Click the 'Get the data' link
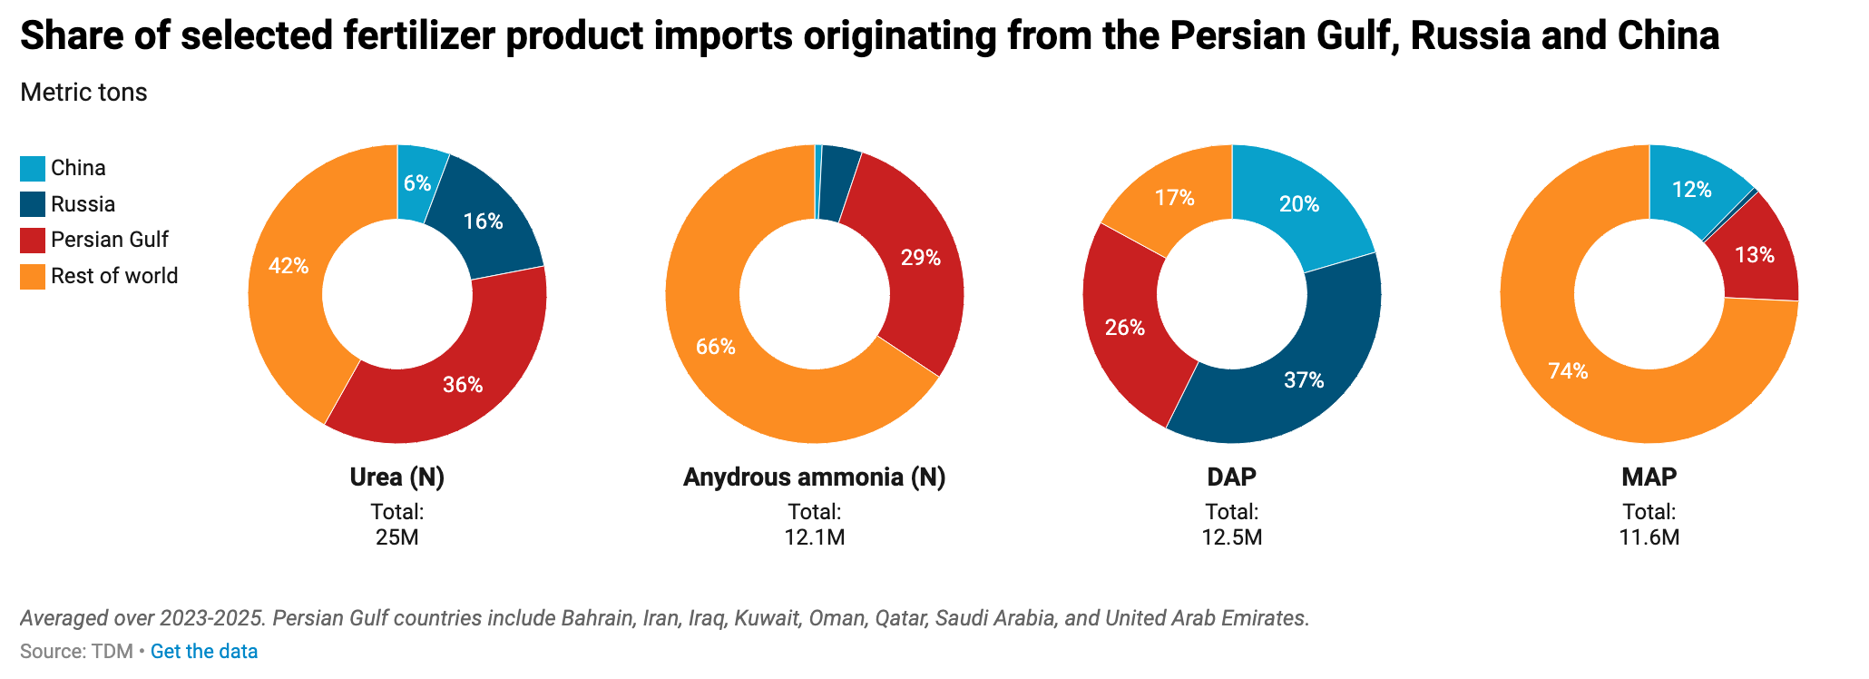click(x=204, y=652)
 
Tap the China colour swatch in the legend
click(x=33, y=169)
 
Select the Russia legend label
click(x=83, y=204)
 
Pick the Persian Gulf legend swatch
click(x=33, y=241)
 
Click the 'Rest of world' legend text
click(x=114, y=276)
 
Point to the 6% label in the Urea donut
click(x=417, y=183)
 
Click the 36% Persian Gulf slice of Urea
click(x=463, y=384)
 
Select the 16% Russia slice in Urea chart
click(x=483, y=221)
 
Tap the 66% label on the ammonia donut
click(x=716, y=347)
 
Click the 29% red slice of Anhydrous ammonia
click(x=920, y=258)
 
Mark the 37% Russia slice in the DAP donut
click(x=1304, y=380)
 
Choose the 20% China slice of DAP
click(x=1299, y=204)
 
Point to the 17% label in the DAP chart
click(x=1175, y=198)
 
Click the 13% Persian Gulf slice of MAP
click(x=1755, y=255)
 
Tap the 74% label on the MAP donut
click(x=1568, y=371)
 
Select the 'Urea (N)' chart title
click(x=397, y=477)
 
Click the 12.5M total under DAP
click(x=1232, y=537)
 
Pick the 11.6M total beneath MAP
click(x=1649, y=537)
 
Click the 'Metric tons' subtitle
click(x=83, y=93)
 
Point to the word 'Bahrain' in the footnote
click(x=597, y=619)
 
